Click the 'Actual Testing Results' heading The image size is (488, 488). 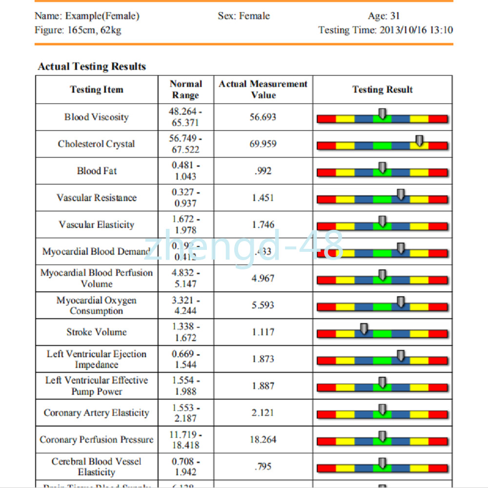pyautogui.click(x=92, y=66)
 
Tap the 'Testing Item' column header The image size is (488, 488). pyautogui.click(x=97, y=90)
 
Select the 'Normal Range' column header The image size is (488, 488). pyautogui.click(x=185, y=89)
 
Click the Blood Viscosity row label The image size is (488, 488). pyautogui.click(x=97, y=117)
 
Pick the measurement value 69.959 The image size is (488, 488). pyautogui.click(x=263, y=144)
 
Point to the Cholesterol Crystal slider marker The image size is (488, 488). pyautogui.click(x=419, y=141)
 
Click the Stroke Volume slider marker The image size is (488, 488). pyautogui.click(x=364, y=329)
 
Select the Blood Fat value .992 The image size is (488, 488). pyautogui.click(x=263, y=171)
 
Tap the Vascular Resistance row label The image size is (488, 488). pyautogui.click(x=97, y=198)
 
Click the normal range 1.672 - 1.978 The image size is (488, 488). pyautogui.click(x=185, y=224)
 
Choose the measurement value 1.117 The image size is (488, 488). pyautogui.click(x=263, y=332)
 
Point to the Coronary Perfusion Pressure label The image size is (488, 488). pyautogui.click(x=97, y=440)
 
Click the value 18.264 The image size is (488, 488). pyautogui.click(x=263, y=440)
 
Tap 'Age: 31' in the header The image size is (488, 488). pyautogui.click(x=384, y=16)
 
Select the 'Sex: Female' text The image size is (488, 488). pyautogui.click(x=244, y=16)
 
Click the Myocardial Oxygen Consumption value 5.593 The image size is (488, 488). pyautogui.click(x=263, y=305)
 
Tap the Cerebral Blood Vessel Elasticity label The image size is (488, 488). pyautogui.click(x=97, y=467)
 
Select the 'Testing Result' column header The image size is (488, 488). pyautogui.click(x=383, y=90)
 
